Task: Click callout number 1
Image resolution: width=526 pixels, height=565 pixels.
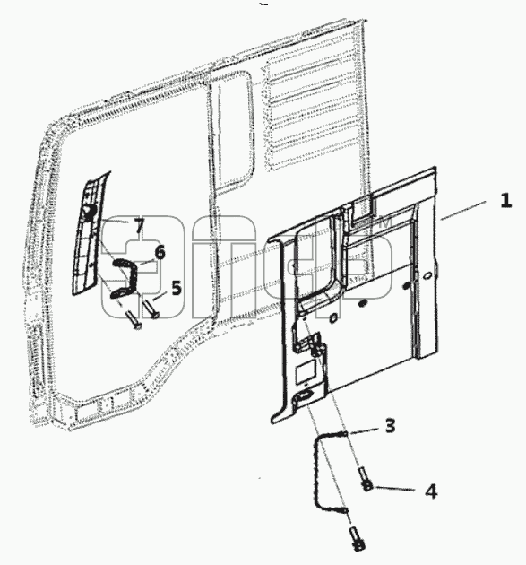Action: click(506, 200)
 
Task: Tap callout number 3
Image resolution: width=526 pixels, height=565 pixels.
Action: click(390, 425)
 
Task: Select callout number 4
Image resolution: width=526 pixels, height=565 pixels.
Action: click(431, 491)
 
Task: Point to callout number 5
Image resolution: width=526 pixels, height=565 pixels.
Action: click(176, 288)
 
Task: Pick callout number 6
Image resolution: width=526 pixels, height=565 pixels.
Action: click(160, 252)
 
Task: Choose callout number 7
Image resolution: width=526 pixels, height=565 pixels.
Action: click(139, 225)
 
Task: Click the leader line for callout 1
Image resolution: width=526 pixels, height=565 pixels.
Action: click(463, 211)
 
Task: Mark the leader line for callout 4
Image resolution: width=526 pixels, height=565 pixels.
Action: click(395, 489)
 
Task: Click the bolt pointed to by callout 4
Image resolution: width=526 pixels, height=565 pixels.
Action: click(365, 479)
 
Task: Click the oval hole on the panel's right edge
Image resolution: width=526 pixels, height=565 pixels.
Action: click(427, 275)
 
